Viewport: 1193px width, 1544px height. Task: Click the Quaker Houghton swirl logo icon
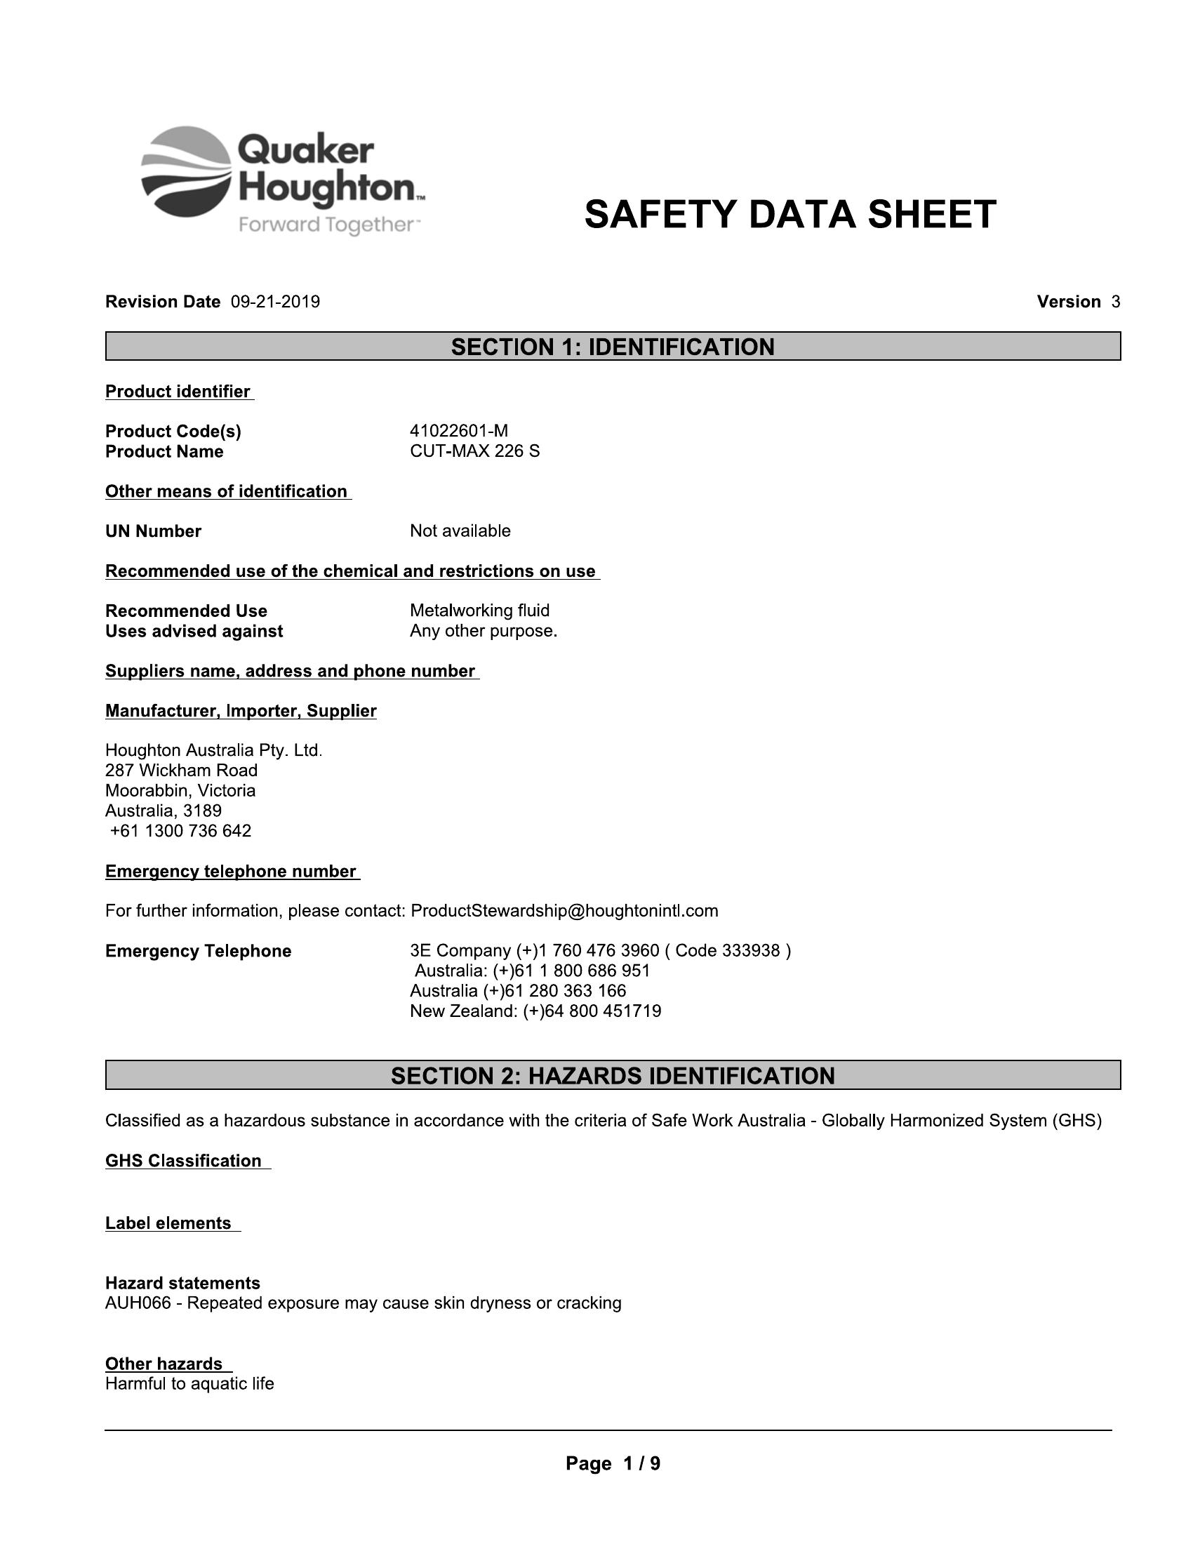click(187, 171)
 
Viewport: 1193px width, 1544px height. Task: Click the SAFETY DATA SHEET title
click(790, 215)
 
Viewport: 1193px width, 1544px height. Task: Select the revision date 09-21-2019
click(276, 302)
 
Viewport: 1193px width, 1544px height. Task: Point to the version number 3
click(1115, 302)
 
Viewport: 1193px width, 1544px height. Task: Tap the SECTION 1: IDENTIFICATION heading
click(613, 347)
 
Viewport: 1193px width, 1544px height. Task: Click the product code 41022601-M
click(459, 431)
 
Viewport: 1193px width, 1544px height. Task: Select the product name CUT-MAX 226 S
click(474, 452)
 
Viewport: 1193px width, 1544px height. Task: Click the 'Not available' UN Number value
click(460, 531)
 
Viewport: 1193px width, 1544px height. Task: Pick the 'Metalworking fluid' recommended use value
click(479, 611)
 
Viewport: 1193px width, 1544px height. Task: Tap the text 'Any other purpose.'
click(484, 632)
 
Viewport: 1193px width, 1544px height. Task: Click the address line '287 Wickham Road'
click(182, 771)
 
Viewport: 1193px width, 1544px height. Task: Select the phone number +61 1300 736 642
click(181, 831)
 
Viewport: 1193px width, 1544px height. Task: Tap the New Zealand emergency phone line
click(535, 1011)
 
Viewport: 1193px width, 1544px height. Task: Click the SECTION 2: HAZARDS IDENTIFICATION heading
click(613, 1076)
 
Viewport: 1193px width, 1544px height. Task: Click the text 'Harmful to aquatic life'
click(189, 1383)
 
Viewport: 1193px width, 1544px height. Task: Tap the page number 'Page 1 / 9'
click(613, 1463)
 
